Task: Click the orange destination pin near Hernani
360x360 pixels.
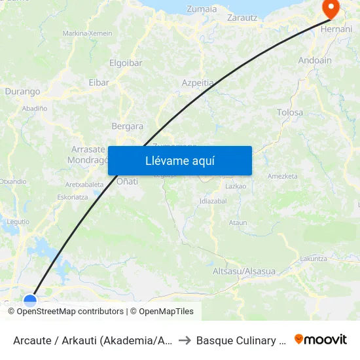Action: [x=331, y=9]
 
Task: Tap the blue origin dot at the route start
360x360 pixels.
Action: [x=30, y=301]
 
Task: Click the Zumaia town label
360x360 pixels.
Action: [x=202, y=9]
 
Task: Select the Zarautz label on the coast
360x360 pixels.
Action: [x=242, y=18]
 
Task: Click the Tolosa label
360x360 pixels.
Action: [x=290, y=113]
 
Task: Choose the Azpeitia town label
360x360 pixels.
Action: [x=198, y=83]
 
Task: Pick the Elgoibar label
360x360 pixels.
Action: [x=126, y=64]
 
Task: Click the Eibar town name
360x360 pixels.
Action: [x=99, y=82]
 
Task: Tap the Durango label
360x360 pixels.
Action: [x=23, y=92]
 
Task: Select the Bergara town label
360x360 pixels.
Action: [x=128, y=126]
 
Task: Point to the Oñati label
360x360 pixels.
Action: [x=127, y=181]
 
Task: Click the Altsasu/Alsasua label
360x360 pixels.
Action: [x=244, y=271]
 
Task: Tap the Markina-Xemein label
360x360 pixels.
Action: [x=87, y=33]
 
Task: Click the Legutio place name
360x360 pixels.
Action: [x=18, y=222]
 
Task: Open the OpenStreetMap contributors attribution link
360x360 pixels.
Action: [x=70, y=312]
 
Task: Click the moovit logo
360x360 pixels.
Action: [x=321, y=340]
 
